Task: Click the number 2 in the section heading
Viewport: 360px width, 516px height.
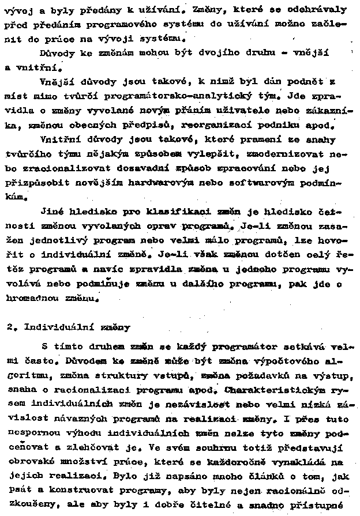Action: click(x=10, y=327)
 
